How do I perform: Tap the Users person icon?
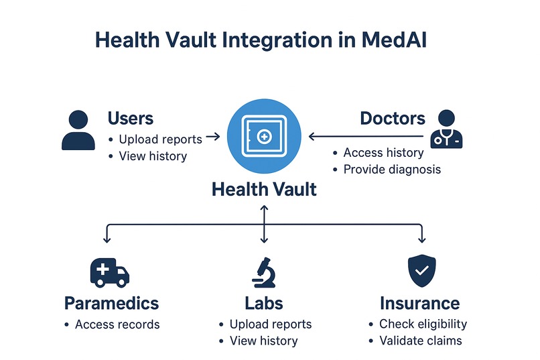78,130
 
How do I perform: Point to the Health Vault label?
264,189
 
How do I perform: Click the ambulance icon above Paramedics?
109,272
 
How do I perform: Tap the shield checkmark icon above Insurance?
421,271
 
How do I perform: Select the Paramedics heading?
111,303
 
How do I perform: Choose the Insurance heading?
419,303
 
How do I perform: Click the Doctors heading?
392,119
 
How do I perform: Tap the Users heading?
131,119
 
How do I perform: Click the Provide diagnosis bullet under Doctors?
391,170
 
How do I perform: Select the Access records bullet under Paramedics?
117,324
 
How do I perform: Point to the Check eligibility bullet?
422,324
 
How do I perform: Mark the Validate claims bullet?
420,341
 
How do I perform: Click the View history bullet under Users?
152,156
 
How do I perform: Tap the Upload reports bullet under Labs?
270,324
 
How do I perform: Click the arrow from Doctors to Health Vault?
365,137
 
